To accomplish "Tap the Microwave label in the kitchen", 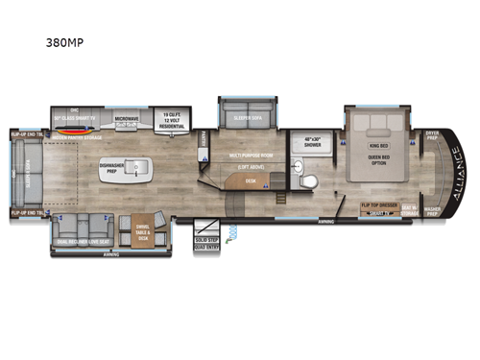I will (x=129, y=119).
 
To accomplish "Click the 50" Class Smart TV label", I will (x=83, y=119).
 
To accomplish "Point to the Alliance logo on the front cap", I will (x=444, y=178).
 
